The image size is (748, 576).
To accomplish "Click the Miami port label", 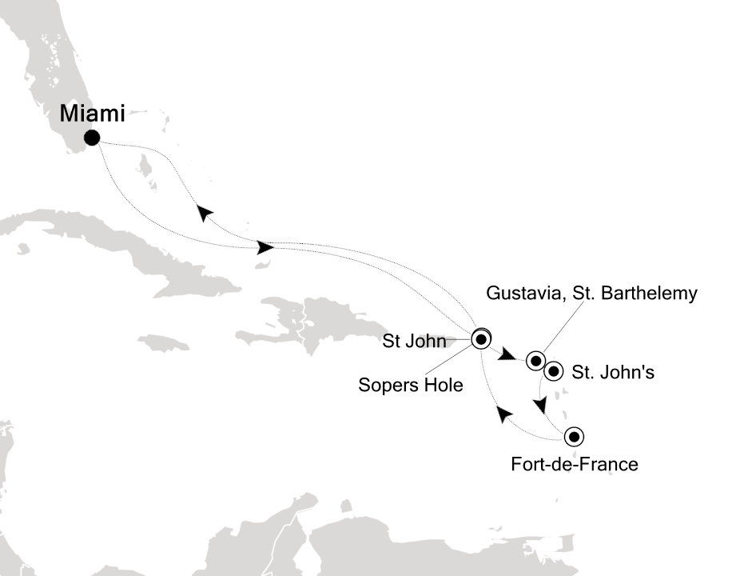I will [92, 114].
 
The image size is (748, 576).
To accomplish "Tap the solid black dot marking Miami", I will [92, 138].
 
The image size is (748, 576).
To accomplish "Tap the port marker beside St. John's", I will [553, 372].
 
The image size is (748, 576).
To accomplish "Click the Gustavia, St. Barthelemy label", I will [591, 294].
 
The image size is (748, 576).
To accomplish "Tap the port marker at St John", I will [480, 338].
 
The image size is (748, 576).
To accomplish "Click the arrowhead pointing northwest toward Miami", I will [205, 212].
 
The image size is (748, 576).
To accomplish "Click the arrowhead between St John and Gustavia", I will [508, 354].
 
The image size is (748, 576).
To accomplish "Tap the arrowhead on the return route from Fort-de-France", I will [503, 414].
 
